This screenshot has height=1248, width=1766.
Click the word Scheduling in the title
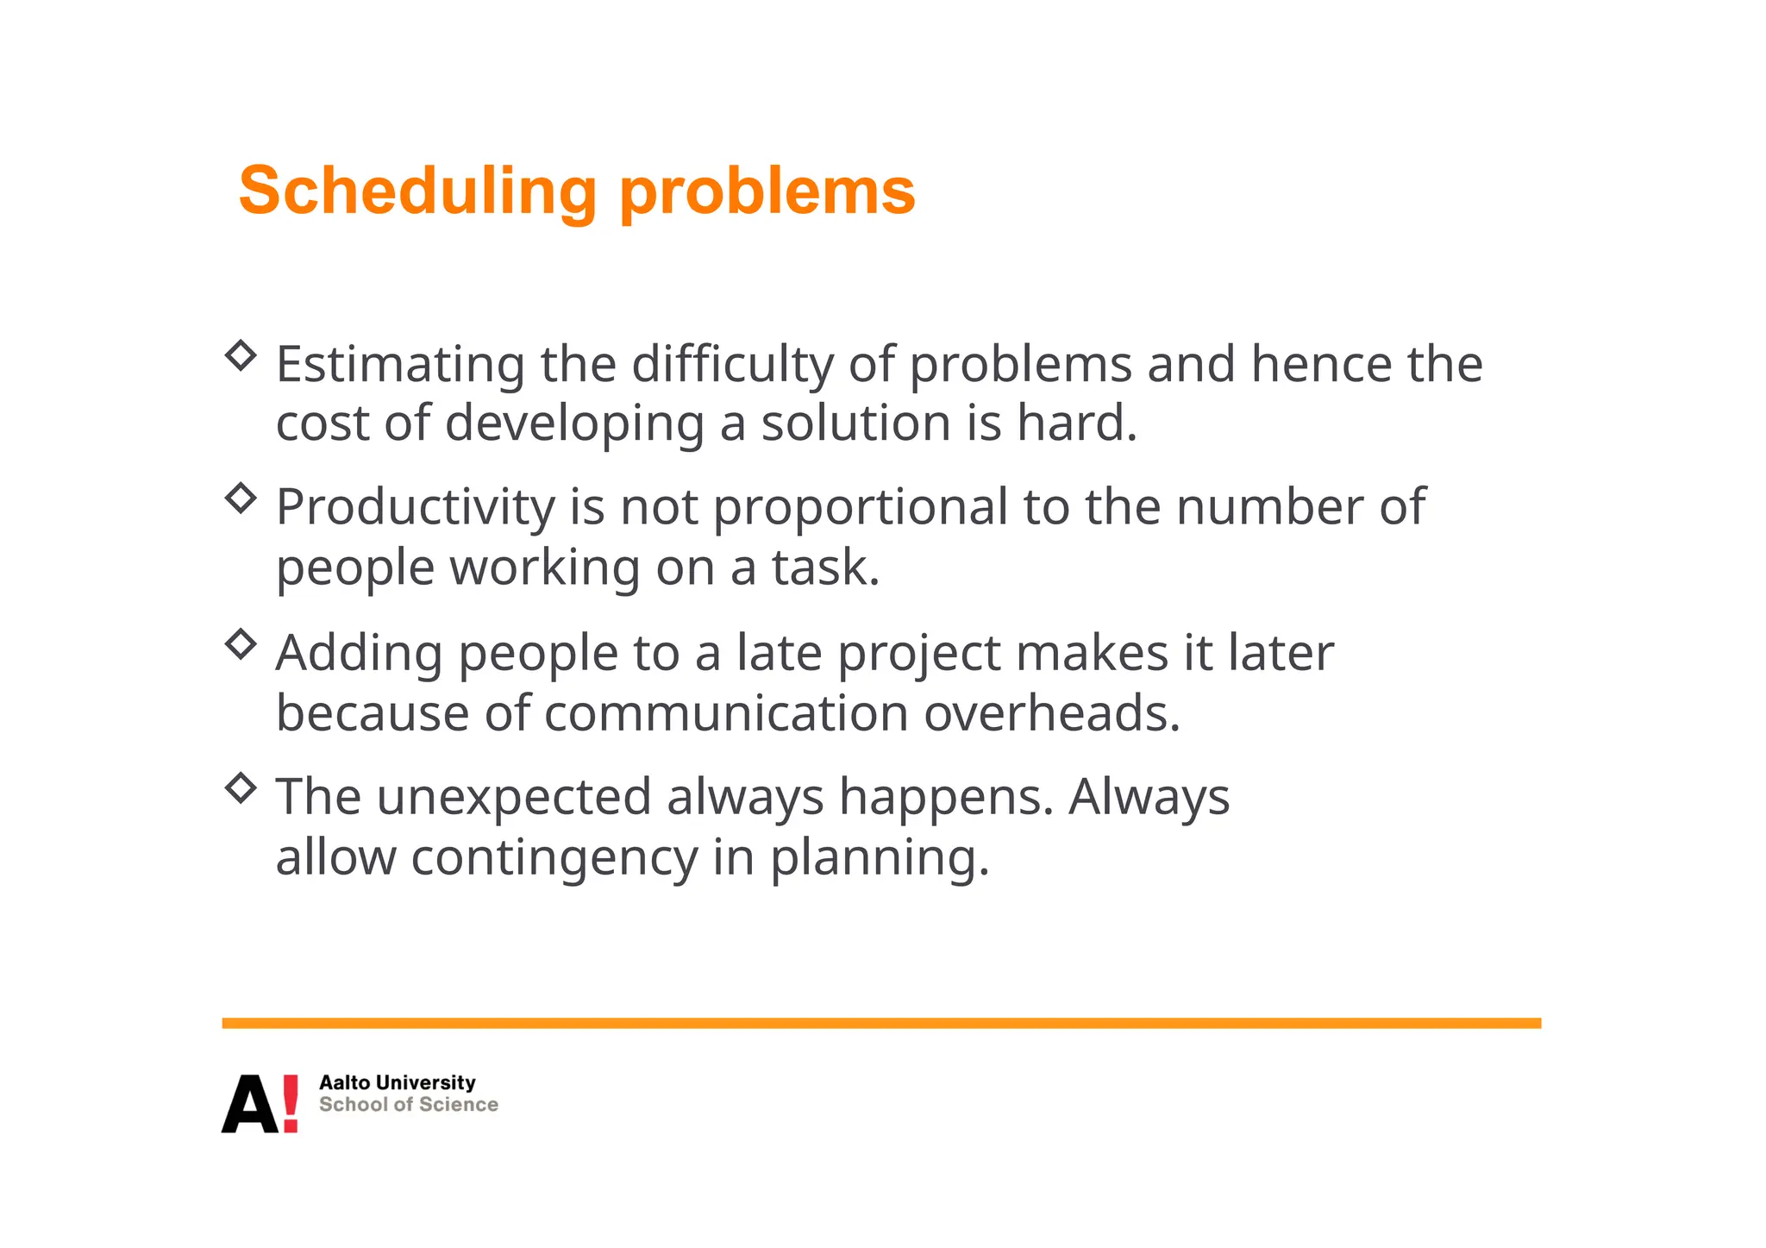click(x=417, y=191)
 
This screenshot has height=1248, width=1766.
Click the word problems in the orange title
click(x=767, y=191)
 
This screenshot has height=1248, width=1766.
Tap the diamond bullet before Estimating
click(x=241, y=354)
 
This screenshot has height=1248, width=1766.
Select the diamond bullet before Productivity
click(x=241, y=498)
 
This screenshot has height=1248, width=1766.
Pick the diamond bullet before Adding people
click(x=241, y=643)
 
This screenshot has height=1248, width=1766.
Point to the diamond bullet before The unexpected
click(x=241, y=787)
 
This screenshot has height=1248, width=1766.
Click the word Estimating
click(x=399, y=365)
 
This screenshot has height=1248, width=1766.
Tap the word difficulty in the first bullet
click(x=732, y=365)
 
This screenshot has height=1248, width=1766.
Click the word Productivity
click(x=415, y=508)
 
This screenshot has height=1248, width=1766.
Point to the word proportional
click(x=860, y=508)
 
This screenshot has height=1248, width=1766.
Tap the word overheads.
click(x=1052, y=714)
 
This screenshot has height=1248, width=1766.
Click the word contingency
click(x=554, y=858)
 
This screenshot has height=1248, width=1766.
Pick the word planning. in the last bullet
click(x=879, y=858)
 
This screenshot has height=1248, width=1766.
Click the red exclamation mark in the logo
click(x=291, y=1103)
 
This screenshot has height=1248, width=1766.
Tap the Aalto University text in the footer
click(x=397, y=1082)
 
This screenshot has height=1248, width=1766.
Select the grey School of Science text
click(x=408, y=1105)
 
